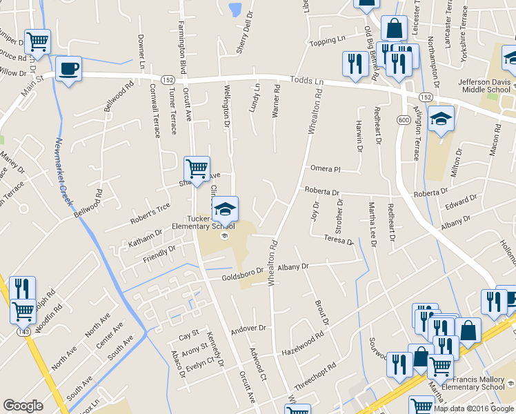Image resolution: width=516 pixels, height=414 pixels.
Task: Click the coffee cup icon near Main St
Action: (x=68, y=69)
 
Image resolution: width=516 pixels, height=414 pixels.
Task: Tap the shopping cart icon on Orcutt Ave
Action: (x=197, y=168)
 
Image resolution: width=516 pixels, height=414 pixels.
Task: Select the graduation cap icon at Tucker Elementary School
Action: (x=225, y=208)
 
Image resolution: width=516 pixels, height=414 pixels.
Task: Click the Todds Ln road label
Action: (x=307, y=81)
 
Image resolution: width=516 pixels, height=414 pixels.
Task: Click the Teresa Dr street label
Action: (x=339, y=239)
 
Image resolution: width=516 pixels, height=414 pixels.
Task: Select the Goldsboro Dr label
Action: (x=244, y=275)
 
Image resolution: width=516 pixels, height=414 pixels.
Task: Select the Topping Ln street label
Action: (x=327, y=41)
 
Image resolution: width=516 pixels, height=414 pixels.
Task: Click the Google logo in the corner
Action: (x=23, y=405)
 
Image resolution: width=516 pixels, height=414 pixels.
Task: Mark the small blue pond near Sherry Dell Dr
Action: (x=235, y=10)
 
